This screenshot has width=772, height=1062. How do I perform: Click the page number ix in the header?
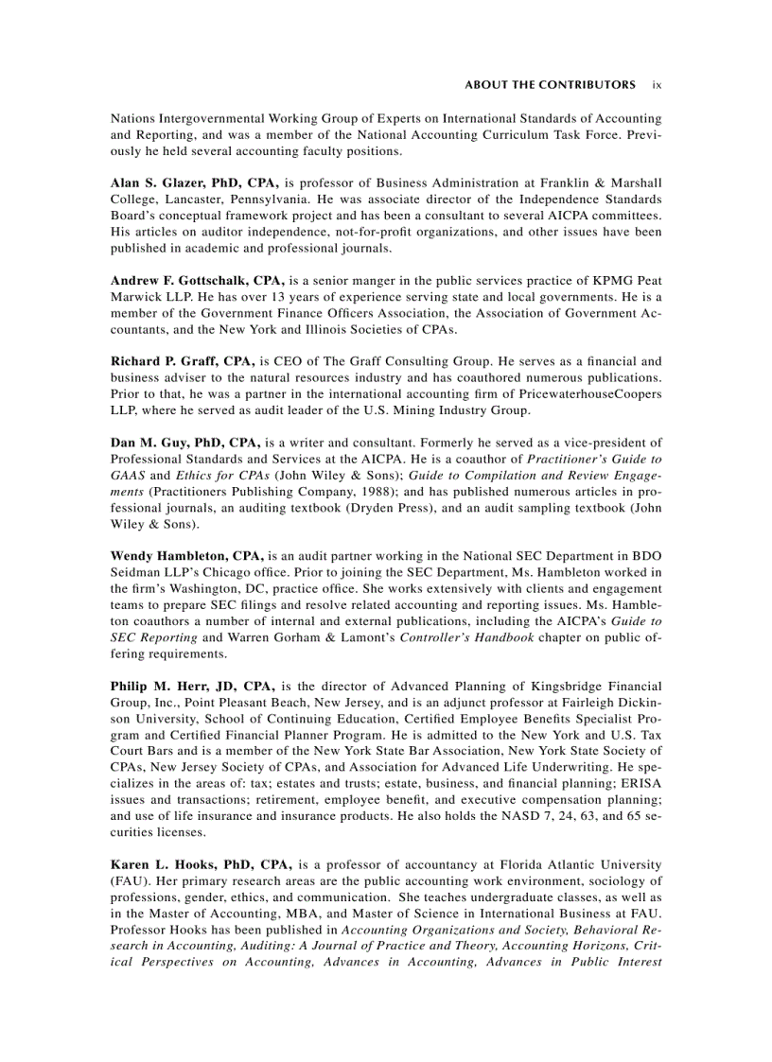pyautogui.click(x=657, y=85)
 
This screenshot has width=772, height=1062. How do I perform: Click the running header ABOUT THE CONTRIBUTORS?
pyautogui.click(x=550, y=85)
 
